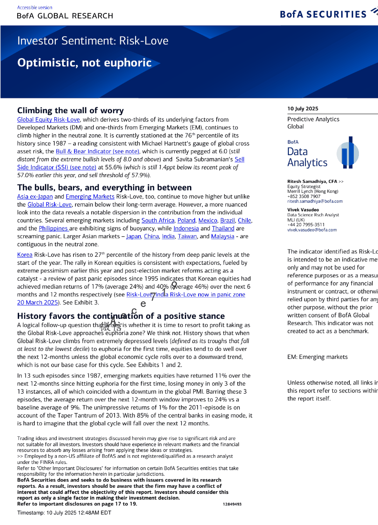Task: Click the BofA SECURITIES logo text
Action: pos(323,14)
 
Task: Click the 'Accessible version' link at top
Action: pos(35,7)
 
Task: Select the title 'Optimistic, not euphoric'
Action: pos(84,63)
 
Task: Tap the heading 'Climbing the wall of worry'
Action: pos(70,110)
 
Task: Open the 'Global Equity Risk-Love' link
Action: pos(48,120)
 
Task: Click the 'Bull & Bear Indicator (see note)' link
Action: pos(97,151)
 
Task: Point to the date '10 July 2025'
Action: pos(303,108)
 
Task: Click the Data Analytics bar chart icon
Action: pos(348,153)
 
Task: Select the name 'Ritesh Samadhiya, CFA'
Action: pos(312,181)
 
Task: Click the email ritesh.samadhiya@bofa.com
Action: pos(315,201)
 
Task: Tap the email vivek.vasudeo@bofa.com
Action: pos(312,230)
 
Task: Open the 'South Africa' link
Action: pos(158,220)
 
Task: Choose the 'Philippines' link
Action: pos(53,228)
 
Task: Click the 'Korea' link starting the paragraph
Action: pos(25,255)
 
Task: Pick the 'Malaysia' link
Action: pos(222,236)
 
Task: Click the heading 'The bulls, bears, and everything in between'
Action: pos(104,187)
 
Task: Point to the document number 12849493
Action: pos(232,504)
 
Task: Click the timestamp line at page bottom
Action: pos(64,513)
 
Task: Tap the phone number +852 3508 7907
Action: pos(304,196)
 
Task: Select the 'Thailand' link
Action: pos(223,228)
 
